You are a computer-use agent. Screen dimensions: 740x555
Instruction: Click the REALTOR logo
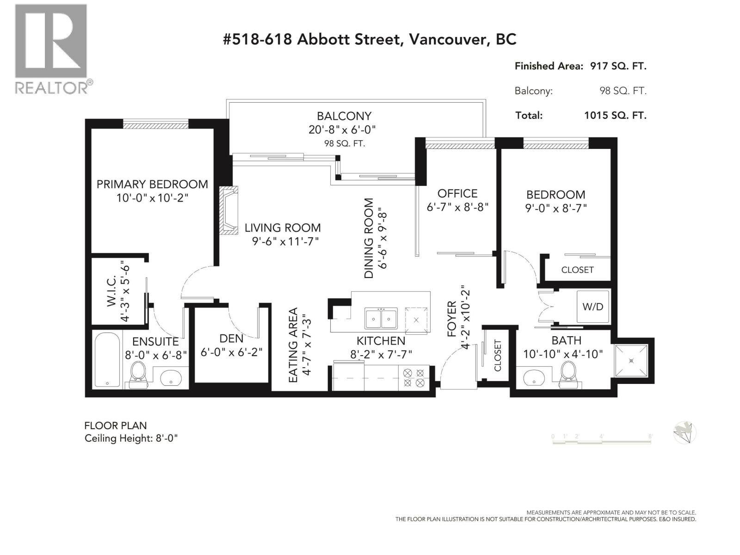pos(53,49)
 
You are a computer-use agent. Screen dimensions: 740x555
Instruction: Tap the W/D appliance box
pos(592,307)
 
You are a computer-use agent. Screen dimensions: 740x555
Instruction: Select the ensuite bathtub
pos(107,359)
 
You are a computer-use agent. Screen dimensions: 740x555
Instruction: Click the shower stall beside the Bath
pos(631,361)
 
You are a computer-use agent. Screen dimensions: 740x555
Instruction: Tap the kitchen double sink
pos(381,318)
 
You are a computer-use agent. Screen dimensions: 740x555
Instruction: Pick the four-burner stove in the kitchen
pos(413,378)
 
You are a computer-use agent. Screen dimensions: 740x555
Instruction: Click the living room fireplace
pos(228,210)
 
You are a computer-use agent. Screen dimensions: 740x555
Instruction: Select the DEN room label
pos(231,339)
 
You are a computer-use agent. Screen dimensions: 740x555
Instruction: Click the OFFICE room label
pos(457,193)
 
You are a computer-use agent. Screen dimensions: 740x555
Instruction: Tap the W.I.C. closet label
pos(111,291)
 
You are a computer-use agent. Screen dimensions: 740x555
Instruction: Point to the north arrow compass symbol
pos(684,433)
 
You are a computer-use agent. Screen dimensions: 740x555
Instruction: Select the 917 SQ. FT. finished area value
pos(618,66)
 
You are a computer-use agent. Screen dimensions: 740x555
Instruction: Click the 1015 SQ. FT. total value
pos(615,116)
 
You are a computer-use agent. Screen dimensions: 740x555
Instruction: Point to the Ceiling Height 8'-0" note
pos(131,438)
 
